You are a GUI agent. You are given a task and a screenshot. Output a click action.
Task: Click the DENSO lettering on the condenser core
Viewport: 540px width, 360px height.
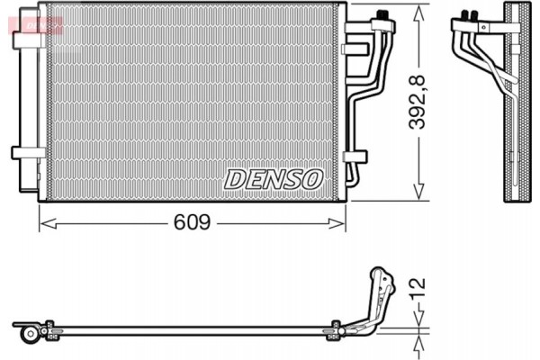click(x=273, y=178)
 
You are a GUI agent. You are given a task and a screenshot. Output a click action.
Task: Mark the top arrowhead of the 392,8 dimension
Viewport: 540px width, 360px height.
click(x=418, y=11)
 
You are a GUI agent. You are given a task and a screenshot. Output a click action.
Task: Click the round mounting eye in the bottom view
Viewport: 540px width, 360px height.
click(x=31, y=334)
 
